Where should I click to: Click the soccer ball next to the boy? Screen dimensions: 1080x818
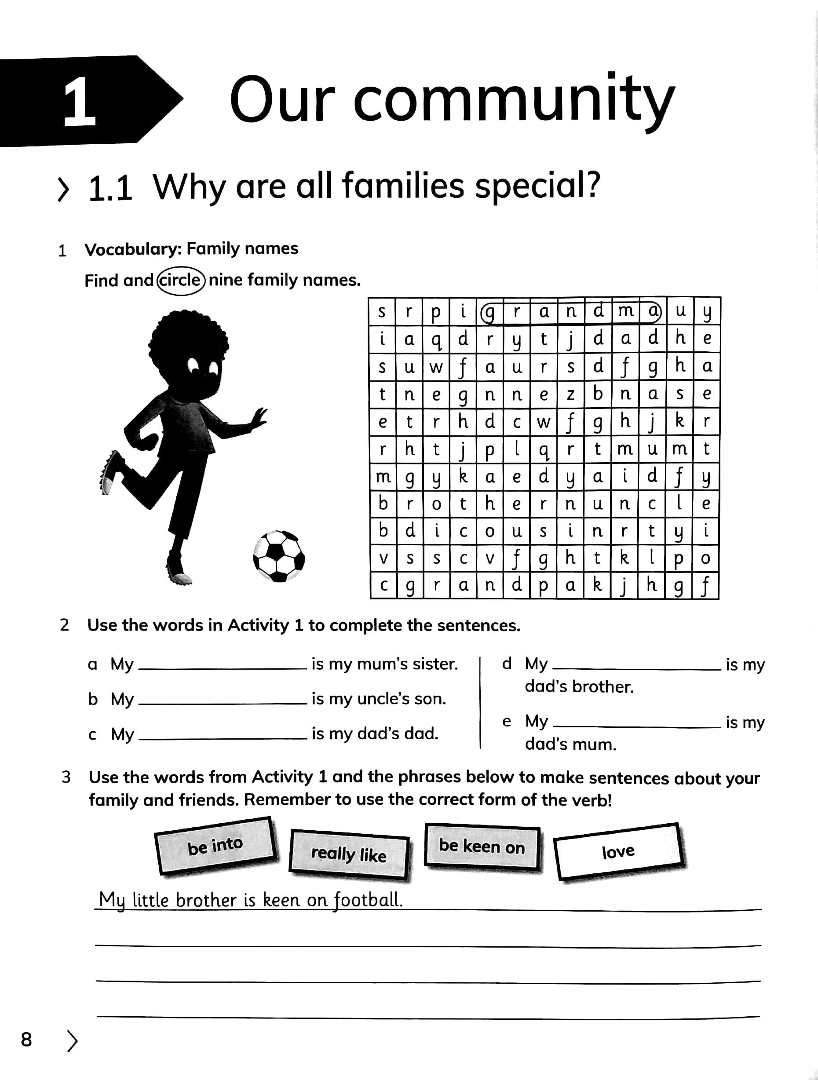(x=278, y=556)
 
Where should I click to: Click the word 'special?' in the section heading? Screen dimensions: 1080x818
(x=537, y=187)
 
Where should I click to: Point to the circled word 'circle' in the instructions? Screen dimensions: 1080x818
(x=180, y=280)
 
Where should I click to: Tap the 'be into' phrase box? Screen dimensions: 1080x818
(x=215, y=846)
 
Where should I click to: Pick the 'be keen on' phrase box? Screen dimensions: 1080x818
(x=482, y=846)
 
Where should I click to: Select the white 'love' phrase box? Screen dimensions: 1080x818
(x=618, y=851)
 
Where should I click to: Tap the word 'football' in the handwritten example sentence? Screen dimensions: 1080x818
(x=368, y=899)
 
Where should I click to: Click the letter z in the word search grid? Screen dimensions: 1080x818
(x=570, y=394)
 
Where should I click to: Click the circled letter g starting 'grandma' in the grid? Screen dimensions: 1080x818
(x=489, y=311)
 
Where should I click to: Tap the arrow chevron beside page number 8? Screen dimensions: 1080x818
(x=72, y=1040)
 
